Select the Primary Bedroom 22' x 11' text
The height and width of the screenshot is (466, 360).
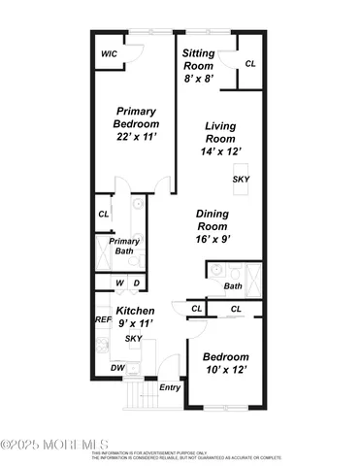(137, 122)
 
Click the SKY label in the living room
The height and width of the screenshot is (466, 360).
(240, 179)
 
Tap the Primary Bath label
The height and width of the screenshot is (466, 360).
(124, 246)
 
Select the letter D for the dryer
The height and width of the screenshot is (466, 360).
(137, 283)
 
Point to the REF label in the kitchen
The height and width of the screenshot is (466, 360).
(102, 318)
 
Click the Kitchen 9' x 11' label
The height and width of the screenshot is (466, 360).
(136, 316)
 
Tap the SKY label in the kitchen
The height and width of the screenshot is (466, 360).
(135, 338)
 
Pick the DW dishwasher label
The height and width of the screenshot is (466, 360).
(117, 368)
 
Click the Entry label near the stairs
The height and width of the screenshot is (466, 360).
(170, 387)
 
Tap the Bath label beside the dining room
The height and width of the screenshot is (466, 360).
(233, 285)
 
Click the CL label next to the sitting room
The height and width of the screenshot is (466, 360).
(250, 64)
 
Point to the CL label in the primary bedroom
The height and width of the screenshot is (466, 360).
(103, 215)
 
